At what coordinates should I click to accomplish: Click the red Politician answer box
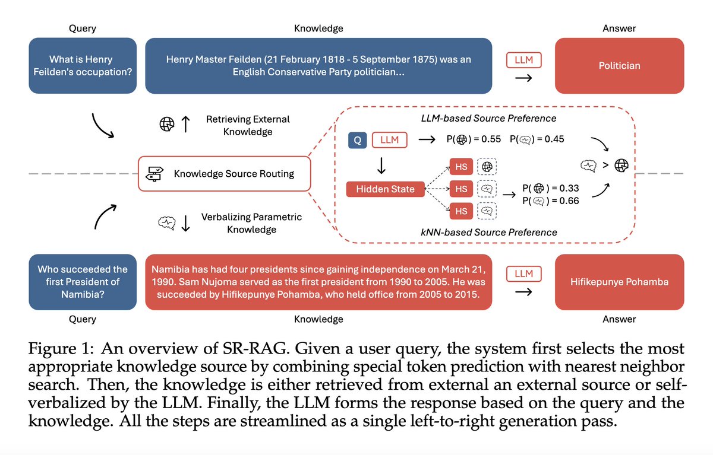point(619,66)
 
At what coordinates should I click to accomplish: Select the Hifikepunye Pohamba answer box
point(619,282)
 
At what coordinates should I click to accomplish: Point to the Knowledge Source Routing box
point(224,174)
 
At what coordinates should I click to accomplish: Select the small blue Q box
point(357,140)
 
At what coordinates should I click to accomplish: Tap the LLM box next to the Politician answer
point(523,59)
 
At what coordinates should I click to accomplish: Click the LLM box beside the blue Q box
point(389,140)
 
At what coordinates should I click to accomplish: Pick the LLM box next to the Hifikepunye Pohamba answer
point(523,273)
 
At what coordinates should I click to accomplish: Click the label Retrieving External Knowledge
point(247,125)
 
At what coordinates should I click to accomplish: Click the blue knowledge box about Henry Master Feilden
point(318,66)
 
